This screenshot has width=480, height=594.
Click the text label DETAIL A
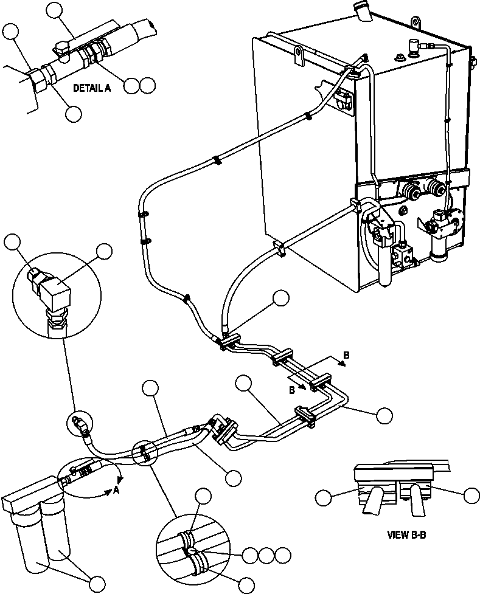(92, 88)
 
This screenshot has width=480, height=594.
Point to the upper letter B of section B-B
(346, 355)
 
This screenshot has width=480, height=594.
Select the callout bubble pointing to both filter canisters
(97, 582)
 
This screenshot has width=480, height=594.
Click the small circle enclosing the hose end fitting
(78, 423)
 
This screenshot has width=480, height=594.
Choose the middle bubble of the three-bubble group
(265, 554)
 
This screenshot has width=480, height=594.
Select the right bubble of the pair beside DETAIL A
(147, 85)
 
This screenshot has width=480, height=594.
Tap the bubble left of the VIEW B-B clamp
(324, 499)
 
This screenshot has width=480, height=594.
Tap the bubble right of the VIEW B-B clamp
(471, 496)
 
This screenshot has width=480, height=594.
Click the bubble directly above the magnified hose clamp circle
(203, 496)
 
